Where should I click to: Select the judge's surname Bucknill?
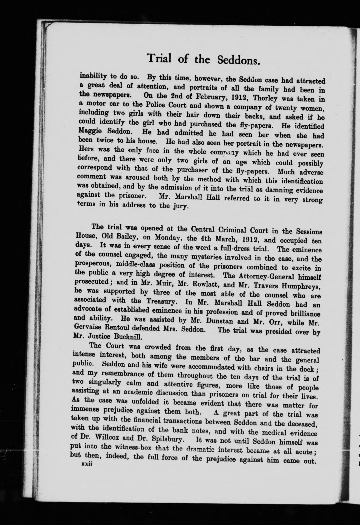pos(128,337)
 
